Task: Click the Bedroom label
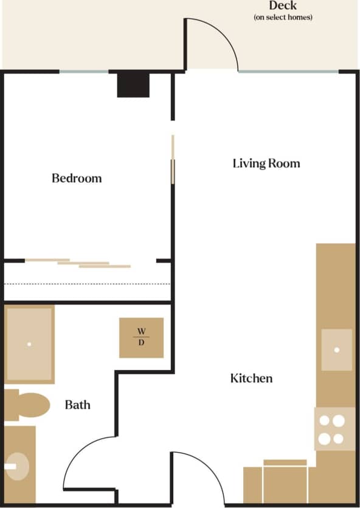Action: [x=77, y=178]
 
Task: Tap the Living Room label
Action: [x=266, y=163]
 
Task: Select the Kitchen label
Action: [x=251, y=378]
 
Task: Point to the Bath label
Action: [x=77, y=404]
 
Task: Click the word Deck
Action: [x=283, y=6]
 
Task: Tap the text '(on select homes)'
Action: [x=283, y=18]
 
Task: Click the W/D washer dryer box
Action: [x=141, y=337]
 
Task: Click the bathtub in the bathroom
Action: [x=29, y=344]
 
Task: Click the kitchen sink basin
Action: [x=336, y=349]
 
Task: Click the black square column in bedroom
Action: [x=133, y=84]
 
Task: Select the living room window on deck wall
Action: [x=288, y=72]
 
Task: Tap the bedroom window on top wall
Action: [x=84, y=72]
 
